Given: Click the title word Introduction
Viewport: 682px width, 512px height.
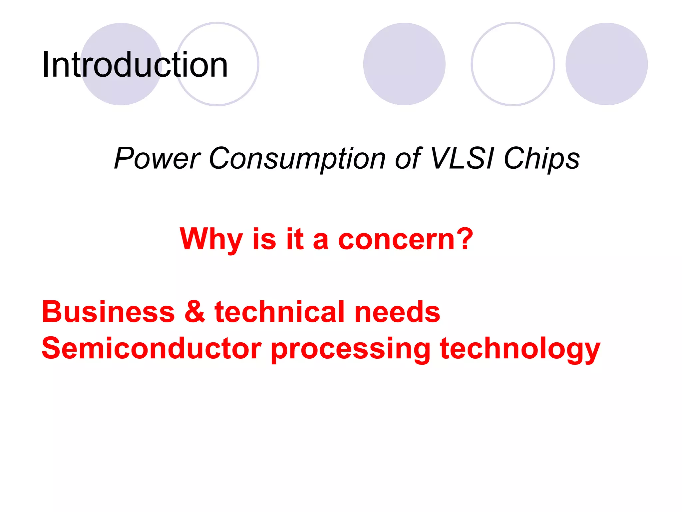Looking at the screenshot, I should pos(135,65).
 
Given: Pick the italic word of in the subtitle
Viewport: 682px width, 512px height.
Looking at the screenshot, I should pos(408,158).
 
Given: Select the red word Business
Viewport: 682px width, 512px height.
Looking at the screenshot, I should pos(108,312).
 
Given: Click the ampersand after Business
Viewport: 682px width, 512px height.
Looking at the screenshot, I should pos(195,312).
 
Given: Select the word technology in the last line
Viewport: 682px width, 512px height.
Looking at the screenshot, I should pos(519,349).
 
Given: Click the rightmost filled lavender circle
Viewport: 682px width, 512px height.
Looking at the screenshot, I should pos(606,64).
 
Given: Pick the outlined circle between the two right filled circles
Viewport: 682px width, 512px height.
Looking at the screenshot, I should pos(513,64).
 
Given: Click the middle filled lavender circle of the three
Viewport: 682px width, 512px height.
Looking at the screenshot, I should pos(404,64).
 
